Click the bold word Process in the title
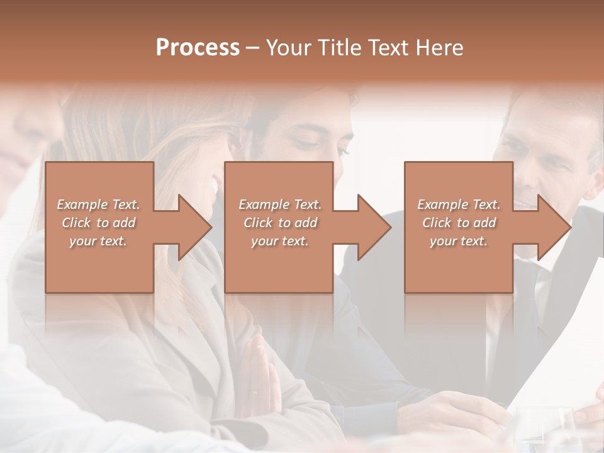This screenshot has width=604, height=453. tap(198, 48)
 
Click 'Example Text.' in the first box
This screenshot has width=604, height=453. tap(98, 204)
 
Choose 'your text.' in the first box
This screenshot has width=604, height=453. tap(98, 241)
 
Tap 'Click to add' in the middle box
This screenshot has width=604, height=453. tap(280, 223)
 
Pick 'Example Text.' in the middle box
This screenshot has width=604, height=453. tap(280, 204)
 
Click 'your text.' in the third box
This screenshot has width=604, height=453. tap(459, 241)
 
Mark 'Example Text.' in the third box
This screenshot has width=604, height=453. tap(459, 204)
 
